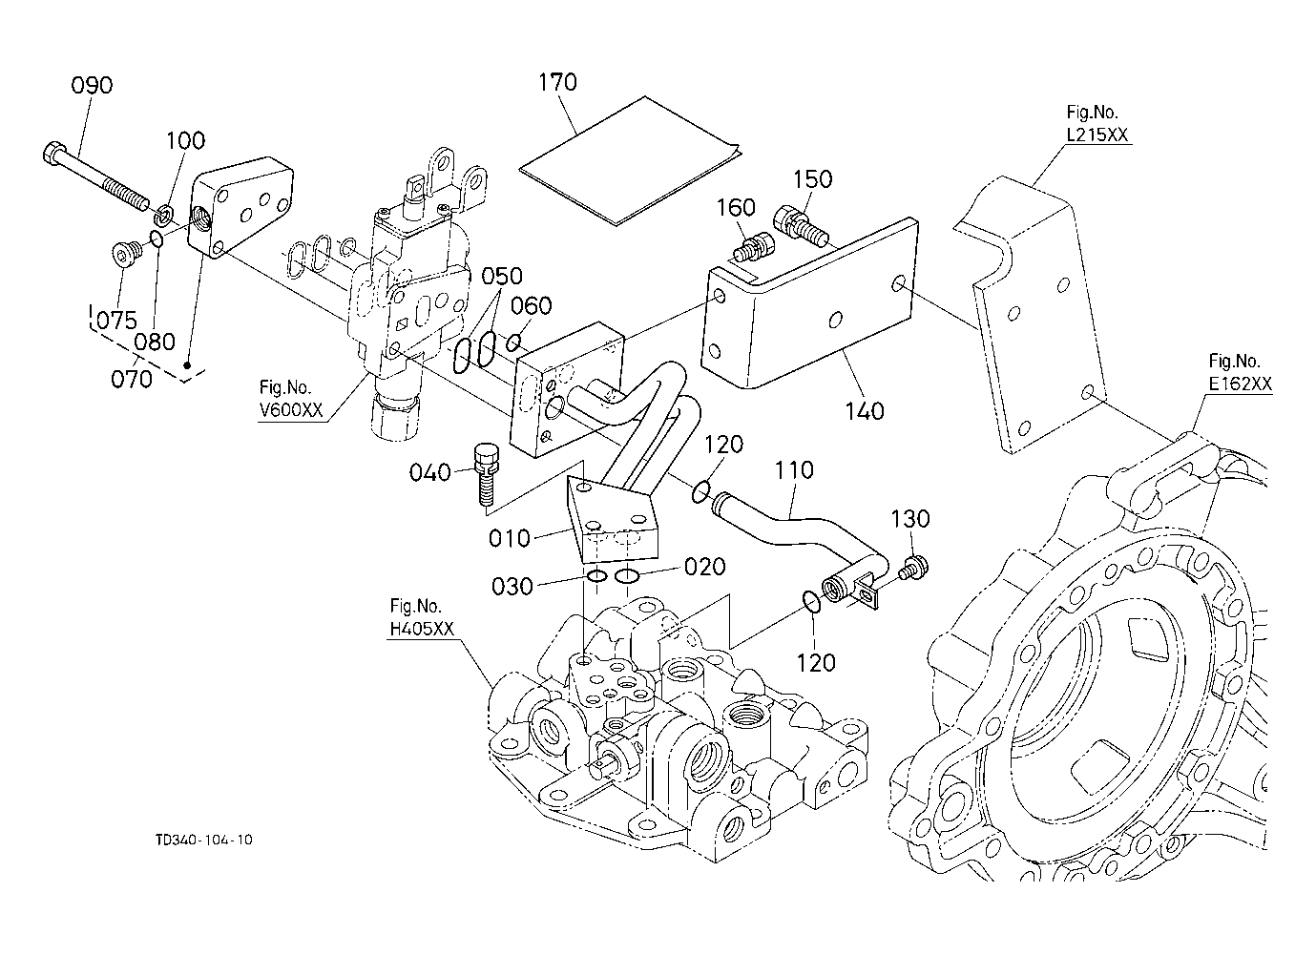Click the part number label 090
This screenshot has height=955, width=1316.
(x=92, y=86)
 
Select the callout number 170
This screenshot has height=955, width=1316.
(x=557, y=82)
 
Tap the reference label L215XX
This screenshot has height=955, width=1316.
(x=1097, y=135)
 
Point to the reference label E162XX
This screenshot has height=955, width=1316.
(x=1240, y=384)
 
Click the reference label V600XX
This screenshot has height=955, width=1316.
(x=291, y=409)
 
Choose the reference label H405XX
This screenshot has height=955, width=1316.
(x=422, y=629)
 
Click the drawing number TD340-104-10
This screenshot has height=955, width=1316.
(x=204, y=840)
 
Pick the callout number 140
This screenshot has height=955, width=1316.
(x=865, y=411)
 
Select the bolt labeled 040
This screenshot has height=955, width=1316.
(x=486, y=474)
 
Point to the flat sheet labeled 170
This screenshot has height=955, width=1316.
(x=631, y=160)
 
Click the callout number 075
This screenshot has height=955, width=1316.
(x=116, y=321)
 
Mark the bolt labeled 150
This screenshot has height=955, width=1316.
(x=801, y=226)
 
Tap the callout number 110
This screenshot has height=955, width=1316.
(x=794, y=469)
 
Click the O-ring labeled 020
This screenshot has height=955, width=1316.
(x=627, y=576)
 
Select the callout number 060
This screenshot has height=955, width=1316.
(x=532, y=305)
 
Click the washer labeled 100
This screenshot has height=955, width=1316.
(x=164, y=215)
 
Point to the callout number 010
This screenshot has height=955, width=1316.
(x=510, y=539)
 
